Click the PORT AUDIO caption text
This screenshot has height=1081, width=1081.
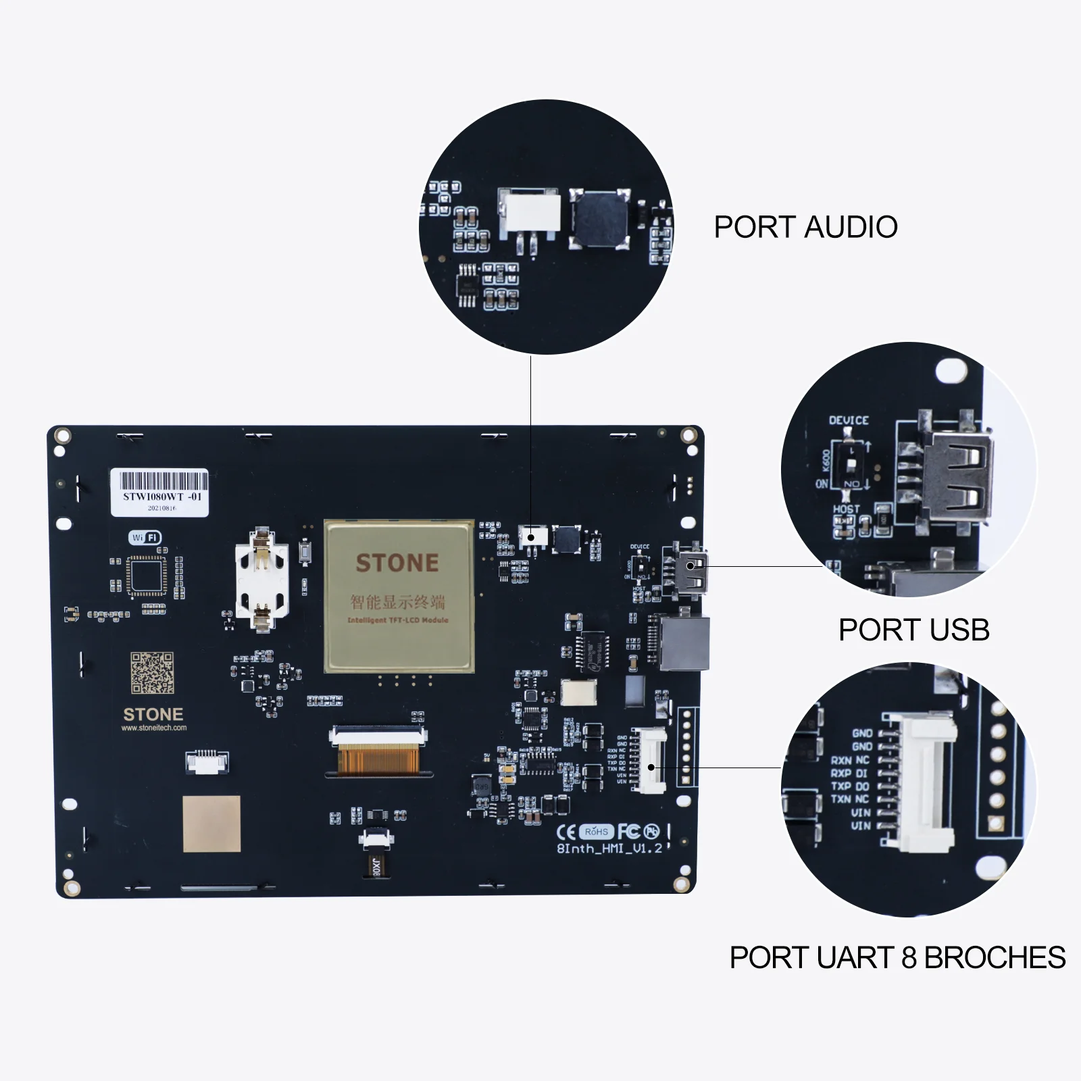[x=805, y=227]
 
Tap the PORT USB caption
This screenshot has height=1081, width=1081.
[x=913, y=630]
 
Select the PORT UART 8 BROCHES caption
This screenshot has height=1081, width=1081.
[x=897, y=957]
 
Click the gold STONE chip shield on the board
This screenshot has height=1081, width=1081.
[x=399, y=595]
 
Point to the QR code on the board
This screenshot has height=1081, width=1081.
[x=152, y=672]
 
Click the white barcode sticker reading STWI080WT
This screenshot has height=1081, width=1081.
[x=159, y=493]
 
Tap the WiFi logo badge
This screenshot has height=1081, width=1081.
[x=145, y=538]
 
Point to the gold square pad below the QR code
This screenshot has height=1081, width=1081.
[x=211, y=824]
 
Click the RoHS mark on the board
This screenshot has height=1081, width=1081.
[x=597, y=832]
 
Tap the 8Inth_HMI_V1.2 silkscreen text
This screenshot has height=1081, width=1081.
[x=609, y=849]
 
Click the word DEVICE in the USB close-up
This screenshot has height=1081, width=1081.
[x=849, y=420]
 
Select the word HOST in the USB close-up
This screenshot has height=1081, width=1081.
[x=846, y=509]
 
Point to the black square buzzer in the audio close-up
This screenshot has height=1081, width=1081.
[x=599, y=217]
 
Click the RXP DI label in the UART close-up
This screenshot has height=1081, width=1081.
[x=849, y=773]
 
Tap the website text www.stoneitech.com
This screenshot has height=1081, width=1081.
[x=154, y=728]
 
